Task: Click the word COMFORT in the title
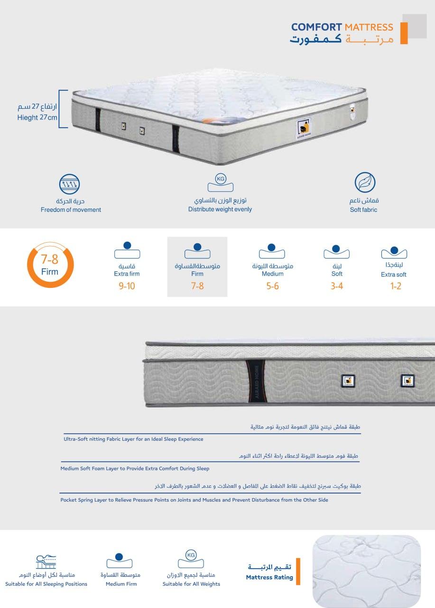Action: [316, 27]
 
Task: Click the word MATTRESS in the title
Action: [369, 27]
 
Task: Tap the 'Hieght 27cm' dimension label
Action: [37, 117]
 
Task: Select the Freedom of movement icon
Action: [69, 184]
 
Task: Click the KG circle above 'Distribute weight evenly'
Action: [221, 179]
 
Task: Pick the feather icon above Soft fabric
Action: [365, 182]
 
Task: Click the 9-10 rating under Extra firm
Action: [127, 286]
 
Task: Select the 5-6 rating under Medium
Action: [272, 286]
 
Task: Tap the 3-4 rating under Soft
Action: [337, 286]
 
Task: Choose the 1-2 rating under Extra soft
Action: [396, 286]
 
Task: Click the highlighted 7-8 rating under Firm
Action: [197, 286]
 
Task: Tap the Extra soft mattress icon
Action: [394, 252]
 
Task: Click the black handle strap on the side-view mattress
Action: [256, 381]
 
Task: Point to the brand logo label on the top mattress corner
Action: [304, 129]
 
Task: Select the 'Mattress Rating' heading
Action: [269, 577]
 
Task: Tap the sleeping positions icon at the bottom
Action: [46, 561]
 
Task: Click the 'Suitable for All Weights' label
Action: [191, 584]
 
